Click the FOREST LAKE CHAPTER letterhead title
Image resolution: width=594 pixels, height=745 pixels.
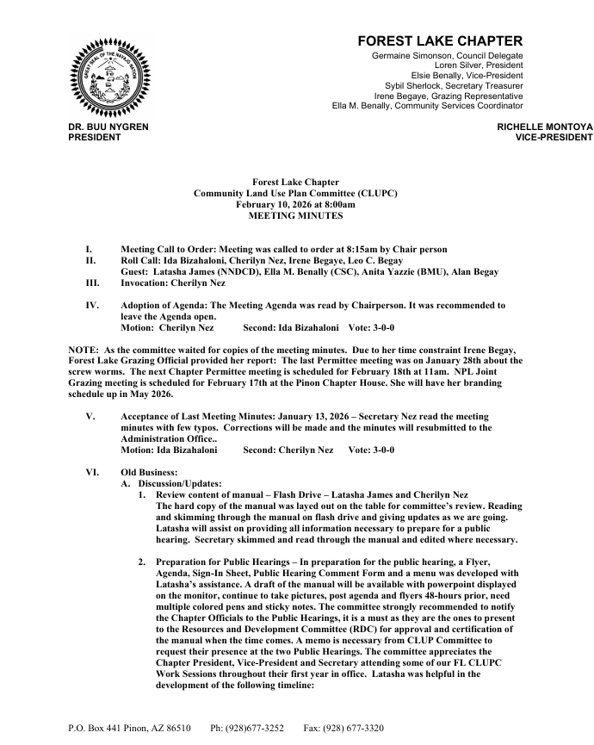pos(440,40)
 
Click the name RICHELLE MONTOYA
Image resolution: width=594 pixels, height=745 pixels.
pos(546,127)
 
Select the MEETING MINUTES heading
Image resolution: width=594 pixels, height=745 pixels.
pos(295,215)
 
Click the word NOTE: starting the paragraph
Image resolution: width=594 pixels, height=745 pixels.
pos(84,349)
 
